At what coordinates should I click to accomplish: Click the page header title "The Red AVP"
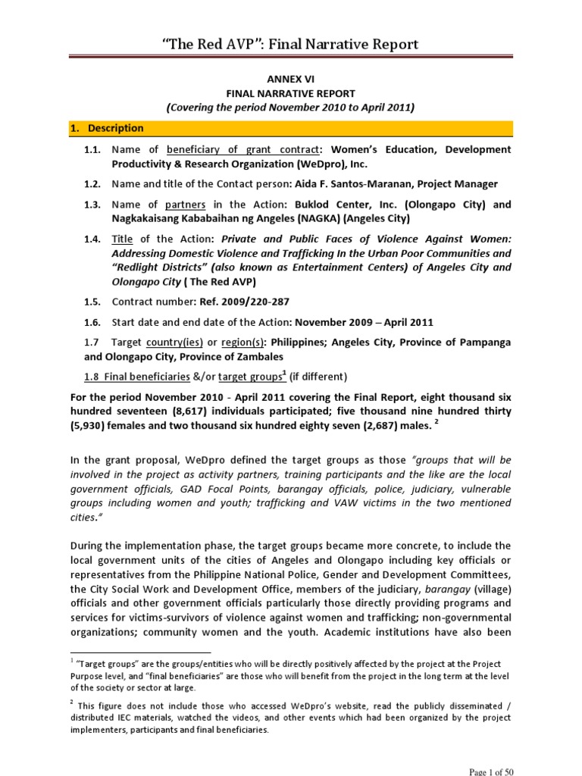(291, 45)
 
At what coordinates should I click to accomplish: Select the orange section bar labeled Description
(291, 128)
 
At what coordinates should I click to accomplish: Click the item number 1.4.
(93, 239)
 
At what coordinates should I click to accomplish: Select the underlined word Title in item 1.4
(124, 239)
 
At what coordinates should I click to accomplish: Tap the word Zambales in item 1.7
(259, 356)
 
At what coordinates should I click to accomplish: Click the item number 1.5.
(93, 301)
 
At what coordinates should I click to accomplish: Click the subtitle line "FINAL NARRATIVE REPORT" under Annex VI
(291, 93)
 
